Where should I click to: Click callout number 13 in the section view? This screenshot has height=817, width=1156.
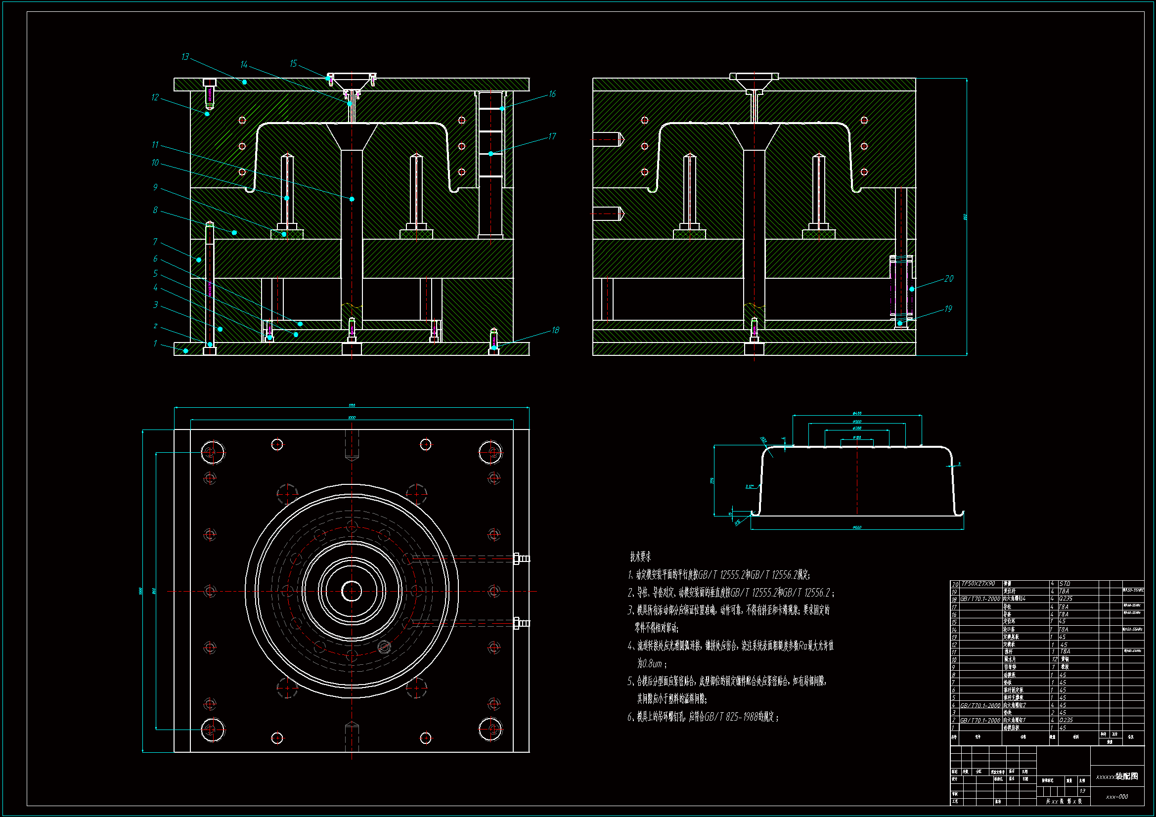click(x=185, y=57)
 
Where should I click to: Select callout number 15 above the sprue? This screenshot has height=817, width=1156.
click(x=293, y=63)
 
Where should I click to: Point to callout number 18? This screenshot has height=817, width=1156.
click(x=555, y=330)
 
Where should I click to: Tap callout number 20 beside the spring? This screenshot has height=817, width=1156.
click(x=948, y=278)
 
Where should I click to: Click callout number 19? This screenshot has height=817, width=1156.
click(x=948, y=308)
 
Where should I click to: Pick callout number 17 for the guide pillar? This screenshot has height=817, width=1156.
click(x=552, y=136)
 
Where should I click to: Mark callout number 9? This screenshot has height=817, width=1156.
click(x=155, y=187)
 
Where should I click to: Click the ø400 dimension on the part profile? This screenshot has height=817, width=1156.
click(x=857, y=413)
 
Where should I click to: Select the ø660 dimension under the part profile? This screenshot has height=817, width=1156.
click(x=857, y=527)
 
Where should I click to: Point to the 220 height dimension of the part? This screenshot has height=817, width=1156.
click(x=712, y=481)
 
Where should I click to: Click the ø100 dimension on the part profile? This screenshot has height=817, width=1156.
click(x=857, y=437)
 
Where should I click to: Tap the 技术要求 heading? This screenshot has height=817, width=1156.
click(x=640, y=557)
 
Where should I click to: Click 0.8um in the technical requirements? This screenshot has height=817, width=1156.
click(x=650, y=664)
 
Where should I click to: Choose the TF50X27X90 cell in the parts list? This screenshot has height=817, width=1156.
click(x=978, y=583)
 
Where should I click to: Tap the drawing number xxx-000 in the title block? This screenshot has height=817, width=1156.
click(x=1117, y=797)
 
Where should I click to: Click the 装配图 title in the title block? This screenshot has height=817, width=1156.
click(x=1126, y=776)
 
